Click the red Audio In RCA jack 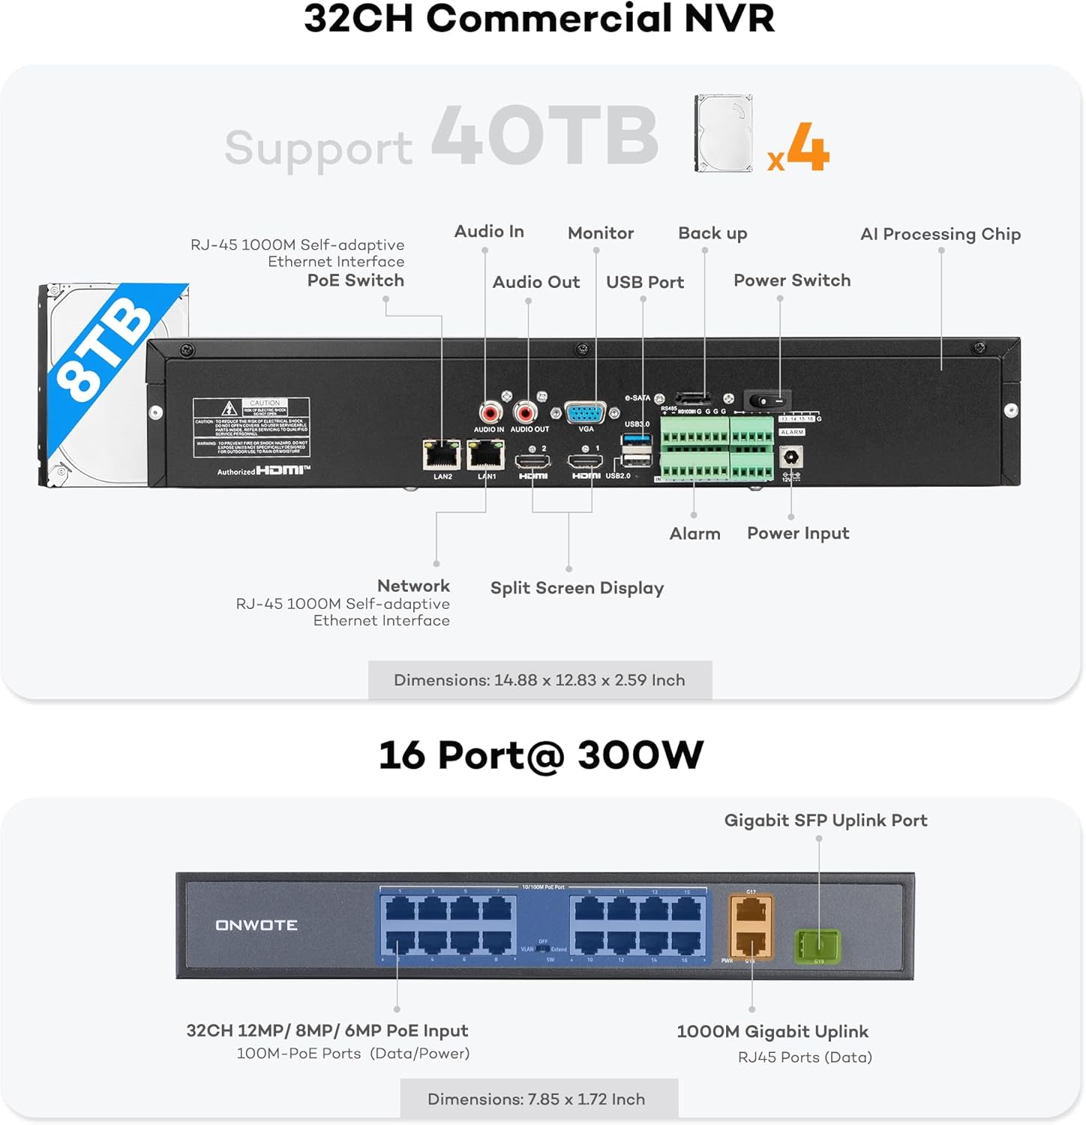(x=490, y=412)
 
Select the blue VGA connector (x=585, y=413)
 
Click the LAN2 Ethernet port (x=442, y=454)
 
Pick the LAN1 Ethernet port (x=486, y=454)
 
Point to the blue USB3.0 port (x=637, y=438)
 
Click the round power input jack (x=790, y=456)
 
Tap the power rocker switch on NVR (x=766, y=400)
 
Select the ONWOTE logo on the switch (x=256, y=925)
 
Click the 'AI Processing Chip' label (x=940, y=234)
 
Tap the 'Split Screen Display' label (x=577, y=588)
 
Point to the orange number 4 (x=808, y=147)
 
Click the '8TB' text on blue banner (x=105, y=346)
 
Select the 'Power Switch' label (x=792, y=280)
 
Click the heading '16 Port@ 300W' (x=541, y=754)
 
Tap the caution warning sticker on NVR (x=251, y=427)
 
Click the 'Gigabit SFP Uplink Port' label (x=826, y=820)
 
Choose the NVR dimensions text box (x=539, y=680)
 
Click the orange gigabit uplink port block (x=751, y=927)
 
